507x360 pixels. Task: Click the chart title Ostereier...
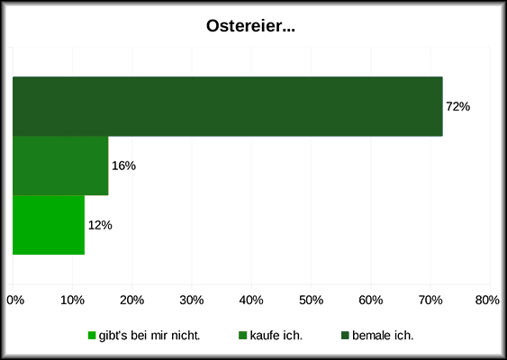pyautogui.click(x=251, y=28)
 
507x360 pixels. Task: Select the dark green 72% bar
pyautogui.click(x=227, y=106)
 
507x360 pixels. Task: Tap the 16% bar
pyautogui.click(x=60, y=166)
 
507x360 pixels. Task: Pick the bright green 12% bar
pyautogui.click(x=49, y=225)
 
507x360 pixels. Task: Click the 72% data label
pyautogui.click(x=458, y=106)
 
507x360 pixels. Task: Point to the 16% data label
pyautogui.click(x=123, y=166)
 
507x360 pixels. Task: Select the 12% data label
pyautogui.click(x=100, y=225)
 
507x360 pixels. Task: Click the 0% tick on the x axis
pyautogui.click(x=15, y=300)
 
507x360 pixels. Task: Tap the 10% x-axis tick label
pyautogui.click(x=73, y=300)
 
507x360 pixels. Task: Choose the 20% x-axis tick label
pyautogui.click(x=132, y=300)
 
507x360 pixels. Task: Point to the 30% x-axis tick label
pyautogui.click(x=192, y=300)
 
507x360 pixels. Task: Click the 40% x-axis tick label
pyautogui.click(x=251, y=300)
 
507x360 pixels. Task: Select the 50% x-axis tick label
pyautogui.click(x=311, y=300)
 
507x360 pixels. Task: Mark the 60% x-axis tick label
pyautogui.click(x=370, y=300)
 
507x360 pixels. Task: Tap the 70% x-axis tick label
pyautogui.click(x=430, y=300)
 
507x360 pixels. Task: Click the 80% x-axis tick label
pyautogui.click(x=487, y=300)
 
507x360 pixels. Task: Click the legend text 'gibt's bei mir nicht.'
pyautogui.click(x=149, y=336)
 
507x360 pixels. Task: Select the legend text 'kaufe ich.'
pyautogui.click(x=276, y=336)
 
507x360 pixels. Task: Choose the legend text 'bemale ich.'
pyautogui.click(x=383, y=336)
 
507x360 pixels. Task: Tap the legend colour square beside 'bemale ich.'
pyautogui.click(x=345, y=336)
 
